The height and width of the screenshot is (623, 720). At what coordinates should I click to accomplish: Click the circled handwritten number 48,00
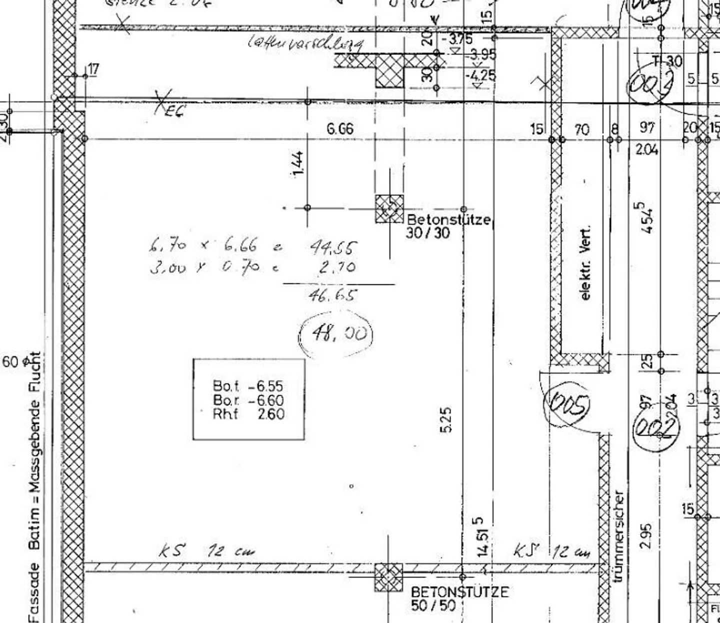[336, 333]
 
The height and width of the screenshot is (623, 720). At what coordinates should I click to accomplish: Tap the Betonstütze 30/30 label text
[448, 226]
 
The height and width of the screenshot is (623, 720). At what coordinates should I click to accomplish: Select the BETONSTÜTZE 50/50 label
[459, 599]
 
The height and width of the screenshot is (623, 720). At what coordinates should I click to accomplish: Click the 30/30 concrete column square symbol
[389, 208]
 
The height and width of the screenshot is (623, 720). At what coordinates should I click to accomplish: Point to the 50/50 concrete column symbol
[388, 577]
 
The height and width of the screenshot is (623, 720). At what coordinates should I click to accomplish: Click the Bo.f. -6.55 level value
[248, 386]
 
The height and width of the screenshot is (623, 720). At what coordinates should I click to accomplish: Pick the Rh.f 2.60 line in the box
[248, 414]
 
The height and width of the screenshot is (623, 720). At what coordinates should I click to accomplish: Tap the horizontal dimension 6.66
[340, 129]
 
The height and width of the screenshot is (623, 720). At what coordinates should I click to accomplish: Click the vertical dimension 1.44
[297, 164]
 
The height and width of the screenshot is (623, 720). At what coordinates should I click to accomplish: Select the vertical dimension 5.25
[447, 420]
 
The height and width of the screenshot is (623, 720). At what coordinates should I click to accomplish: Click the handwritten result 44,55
[333, 247]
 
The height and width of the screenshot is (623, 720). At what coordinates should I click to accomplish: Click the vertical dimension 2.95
[646, 536]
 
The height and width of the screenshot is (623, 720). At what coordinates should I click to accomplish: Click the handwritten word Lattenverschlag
[306, 43]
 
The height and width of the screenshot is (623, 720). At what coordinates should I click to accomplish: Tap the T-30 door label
[667, 61]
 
